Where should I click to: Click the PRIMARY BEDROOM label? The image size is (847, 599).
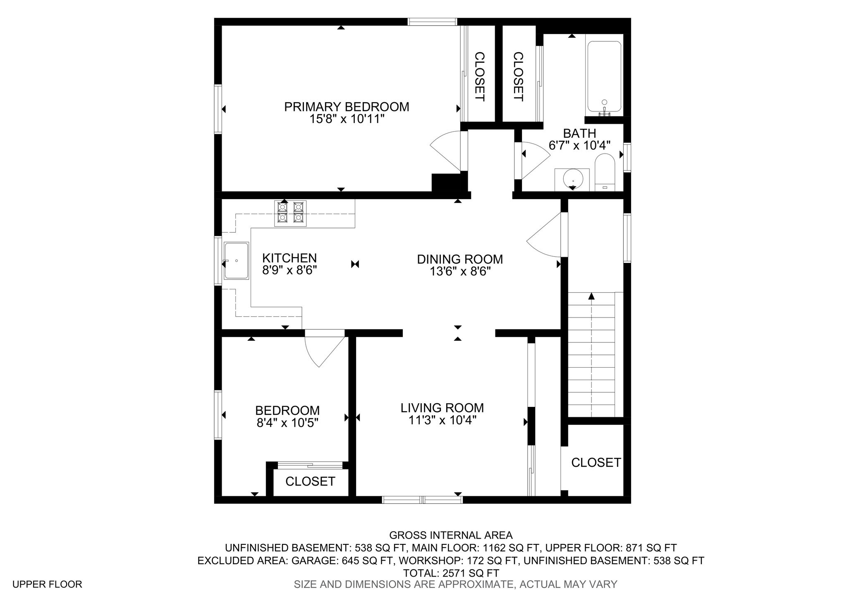pyautogui.click(x=347, y=107)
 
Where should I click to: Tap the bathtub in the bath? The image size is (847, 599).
pyautogui.click(x=604, y=77)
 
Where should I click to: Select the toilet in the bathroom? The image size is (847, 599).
pyautogui.click(x=605, y=172)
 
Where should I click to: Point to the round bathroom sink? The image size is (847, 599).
pyautogui.click(x=573, y=179)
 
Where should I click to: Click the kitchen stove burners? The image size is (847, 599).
pyautogui.click(x=290, y=213)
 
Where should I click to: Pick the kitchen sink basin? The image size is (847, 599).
pyautogui.click(x=237, y=260)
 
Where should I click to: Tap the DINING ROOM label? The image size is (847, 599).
pyautogui.click(x=460, y=259)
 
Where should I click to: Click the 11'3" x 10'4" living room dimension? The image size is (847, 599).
pyautogui.click(x=443, y=421)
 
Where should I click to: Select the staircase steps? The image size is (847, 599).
pyautogui.click(x=591, y=354)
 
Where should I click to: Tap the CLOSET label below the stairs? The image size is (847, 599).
pyautogui.click(x=596, y=462)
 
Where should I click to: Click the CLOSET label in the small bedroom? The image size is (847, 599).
pyautogui.click(x=310, y=481)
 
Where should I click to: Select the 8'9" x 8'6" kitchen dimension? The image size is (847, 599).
pyautogui.click(x=290, y=271)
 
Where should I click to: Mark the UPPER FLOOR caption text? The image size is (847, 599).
pyautogui.click(x=47, y=584)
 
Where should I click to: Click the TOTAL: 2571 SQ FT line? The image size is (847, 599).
pyautogui.click(x=451, y=573)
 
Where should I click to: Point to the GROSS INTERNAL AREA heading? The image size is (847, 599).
pyautogui.click(x=451, y=535)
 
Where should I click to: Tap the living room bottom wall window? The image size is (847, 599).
pyautogui.click(x=422, y=500)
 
